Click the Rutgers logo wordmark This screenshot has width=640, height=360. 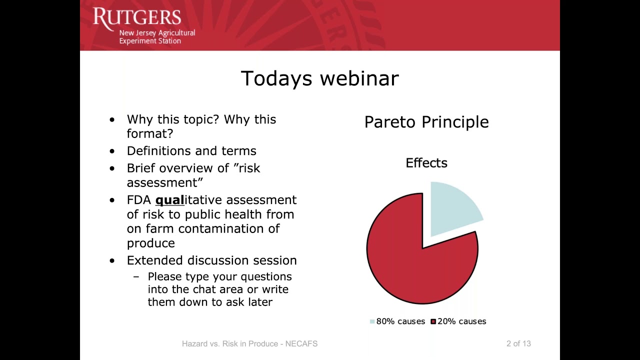click(137, 17)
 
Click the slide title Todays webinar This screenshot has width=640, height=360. click(319, 78)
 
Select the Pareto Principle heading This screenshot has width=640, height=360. click(426, 122)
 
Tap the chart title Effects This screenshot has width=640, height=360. click(426, 163)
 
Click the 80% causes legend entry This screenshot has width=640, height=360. click(397, 321)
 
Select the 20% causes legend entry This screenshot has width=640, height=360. click(458, 321)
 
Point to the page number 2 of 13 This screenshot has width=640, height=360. click(518, 343)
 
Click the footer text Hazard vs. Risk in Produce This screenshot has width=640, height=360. click(230, 343)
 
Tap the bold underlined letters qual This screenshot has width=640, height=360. click(169, 200)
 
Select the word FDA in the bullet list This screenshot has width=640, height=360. click(139, 200)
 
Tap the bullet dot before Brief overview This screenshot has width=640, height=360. click(112, 168)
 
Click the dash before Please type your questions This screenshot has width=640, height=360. click(136, 276)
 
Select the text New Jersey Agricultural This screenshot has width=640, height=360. click(157, 33)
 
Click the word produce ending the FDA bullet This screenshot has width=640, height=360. click(151, 243)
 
